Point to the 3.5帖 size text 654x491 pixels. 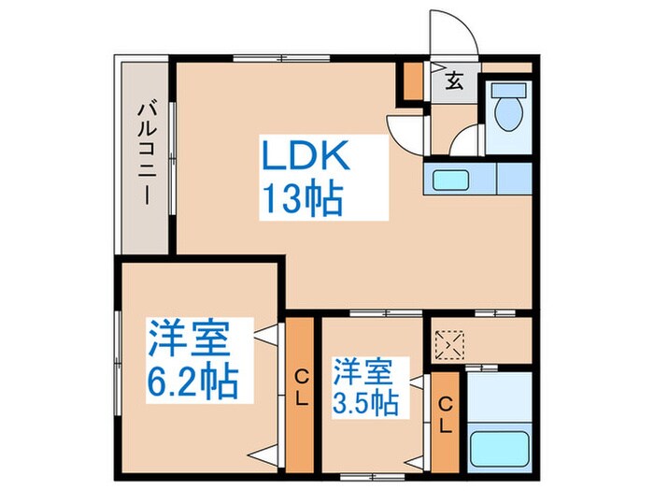coord(365,404)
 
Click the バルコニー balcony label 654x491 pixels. coord(146,155)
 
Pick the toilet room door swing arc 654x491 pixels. coord(464,143)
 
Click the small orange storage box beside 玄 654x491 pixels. coord(412,82)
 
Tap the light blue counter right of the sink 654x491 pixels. coord(514,178)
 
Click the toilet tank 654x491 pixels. coord(509,93)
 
